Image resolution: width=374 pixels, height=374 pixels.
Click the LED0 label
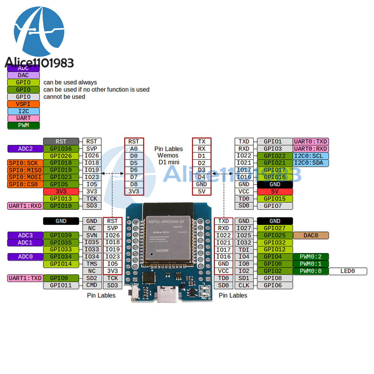[x=347, y=271]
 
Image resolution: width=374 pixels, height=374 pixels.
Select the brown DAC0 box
[x=311, y=236]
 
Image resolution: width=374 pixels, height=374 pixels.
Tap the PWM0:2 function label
[x=311, y=257]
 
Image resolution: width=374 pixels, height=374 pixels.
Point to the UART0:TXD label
[x=311, y=142]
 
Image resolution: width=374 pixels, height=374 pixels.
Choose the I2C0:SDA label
[x=311, y=163]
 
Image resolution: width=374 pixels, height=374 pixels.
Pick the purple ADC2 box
[x=25, y=149]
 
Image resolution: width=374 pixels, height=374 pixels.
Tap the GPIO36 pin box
[x=61, y=149]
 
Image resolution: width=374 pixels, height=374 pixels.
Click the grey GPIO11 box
[x=61, y=285]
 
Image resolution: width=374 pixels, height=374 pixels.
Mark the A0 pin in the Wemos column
[x=134, y=149]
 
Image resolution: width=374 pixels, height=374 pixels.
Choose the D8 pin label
[x=134, y=184]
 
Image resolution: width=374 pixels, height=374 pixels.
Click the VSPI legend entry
[x=24, y=104]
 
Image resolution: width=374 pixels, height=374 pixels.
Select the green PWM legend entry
[x=24, y=125]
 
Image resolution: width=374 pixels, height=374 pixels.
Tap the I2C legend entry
[x=24, y=111]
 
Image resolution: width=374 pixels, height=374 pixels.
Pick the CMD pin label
[x=92, y=285]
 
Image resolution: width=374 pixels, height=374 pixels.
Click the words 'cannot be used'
[x=64, y=97]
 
